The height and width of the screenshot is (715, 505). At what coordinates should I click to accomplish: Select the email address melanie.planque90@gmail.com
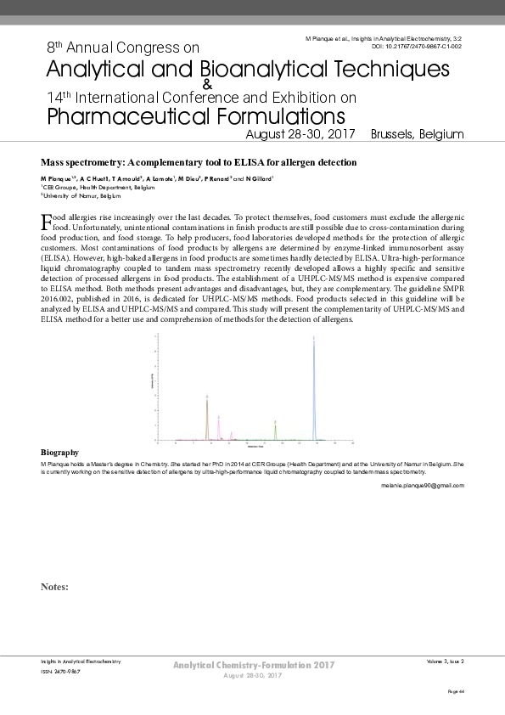pyautogui.click(x=422, y=485)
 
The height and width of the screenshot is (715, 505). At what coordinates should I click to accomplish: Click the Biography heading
pyautogui.click(x=59, y=453)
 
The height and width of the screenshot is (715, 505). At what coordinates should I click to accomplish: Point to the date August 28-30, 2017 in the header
pyautogui.click(x=301, y=134)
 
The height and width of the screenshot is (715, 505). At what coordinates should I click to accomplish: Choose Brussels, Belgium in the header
pyautogui.click(x=418, y=134)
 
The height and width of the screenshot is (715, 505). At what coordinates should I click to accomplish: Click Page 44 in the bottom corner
pyautogui.click(x=456, y=693)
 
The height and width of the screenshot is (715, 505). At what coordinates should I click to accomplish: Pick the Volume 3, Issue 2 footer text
pyautogui.click(x=445, y=660)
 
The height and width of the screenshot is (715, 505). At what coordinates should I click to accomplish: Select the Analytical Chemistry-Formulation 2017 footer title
pyautogui.click(x=253, y=664)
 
